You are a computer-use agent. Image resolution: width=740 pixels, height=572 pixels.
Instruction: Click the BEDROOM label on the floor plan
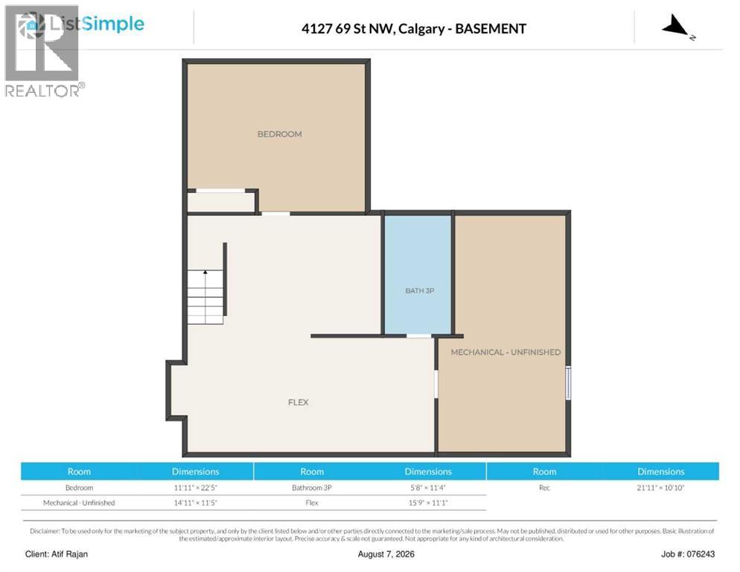click(279, 134)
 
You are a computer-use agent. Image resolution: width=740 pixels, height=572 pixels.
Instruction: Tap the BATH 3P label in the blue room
click(420, 290)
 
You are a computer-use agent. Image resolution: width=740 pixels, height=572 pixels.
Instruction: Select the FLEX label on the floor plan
click(299, 402)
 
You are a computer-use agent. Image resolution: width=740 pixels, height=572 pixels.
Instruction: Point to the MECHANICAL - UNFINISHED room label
click(505, 352)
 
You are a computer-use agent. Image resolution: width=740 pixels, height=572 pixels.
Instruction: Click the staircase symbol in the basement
click(205, 296)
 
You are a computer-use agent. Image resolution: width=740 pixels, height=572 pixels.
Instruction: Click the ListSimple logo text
click(96, 23)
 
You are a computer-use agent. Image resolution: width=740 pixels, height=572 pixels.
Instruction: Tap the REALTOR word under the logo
click(42, 91)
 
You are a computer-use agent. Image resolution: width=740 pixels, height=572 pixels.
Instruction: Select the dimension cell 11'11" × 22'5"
click(195, 488)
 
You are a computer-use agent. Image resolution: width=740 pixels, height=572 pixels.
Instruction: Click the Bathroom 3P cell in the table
click(312, 488)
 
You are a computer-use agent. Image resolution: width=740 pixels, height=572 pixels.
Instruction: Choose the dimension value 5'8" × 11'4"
click(428, 488)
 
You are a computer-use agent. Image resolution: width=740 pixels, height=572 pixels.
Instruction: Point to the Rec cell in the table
click(544, 488)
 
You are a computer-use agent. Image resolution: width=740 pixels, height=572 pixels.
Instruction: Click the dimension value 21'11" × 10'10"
click(661, 488)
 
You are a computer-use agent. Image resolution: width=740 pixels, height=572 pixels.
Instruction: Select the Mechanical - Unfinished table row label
click(79, 503)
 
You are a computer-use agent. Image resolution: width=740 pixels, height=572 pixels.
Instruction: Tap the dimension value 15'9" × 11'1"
click(428, 503)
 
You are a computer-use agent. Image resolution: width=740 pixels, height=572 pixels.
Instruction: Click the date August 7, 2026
click(386, 554)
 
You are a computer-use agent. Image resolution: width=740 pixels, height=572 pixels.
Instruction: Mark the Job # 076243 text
click(688, 554)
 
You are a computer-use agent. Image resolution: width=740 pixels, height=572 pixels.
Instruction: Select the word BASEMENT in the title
click(491, 29)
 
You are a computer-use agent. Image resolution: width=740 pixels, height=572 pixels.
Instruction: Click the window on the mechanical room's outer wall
click(568, 383)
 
